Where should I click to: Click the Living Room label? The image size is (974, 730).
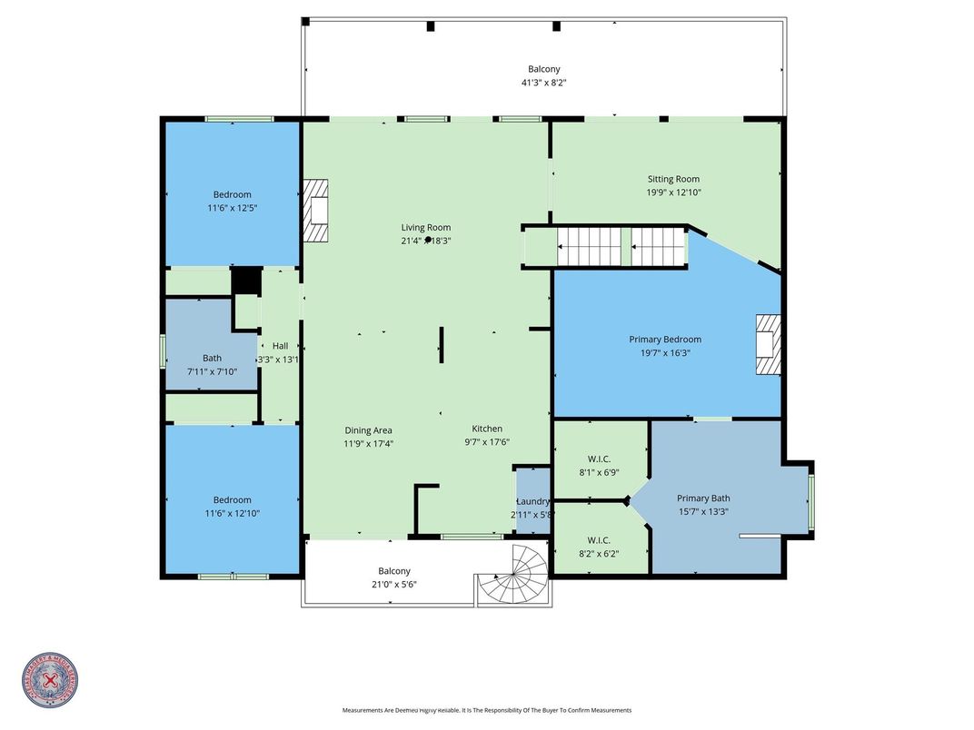[x=426, y=228]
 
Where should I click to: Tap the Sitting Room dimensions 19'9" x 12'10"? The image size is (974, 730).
[x=673, y=192]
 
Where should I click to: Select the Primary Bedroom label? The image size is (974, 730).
[x=665, y=340]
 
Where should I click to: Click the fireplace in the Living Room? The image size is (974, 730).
[x=316, y=211]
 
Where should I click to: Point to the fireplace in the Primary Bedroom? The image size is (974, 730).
[x=768, y=344]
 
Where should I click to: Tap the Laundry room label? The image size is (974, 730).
[x=533, y=501]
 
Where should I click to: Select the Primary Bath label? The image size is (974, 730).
[x=703, y=498]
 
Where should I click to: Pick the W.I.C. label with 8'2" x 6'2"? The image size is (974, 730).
[x=598, y=539]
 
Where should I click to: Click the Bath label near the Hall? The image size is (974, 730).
[x=212, y=358]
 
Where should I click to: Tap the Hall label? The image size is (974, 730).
[x=280, y=346]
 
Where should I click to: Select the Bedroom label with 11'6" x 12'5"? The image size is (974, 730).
[x=233, y=194]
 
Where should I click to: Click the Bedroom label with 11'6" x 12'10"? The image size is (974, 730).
[x=233, y=500]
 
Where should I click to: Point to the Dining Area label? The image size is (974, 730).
[x=368, y=430]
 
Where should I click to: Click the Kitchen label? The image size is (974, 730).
[x=487, y=429]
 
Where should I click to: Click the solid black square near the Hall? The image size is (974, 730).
[x=245, y=281]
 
